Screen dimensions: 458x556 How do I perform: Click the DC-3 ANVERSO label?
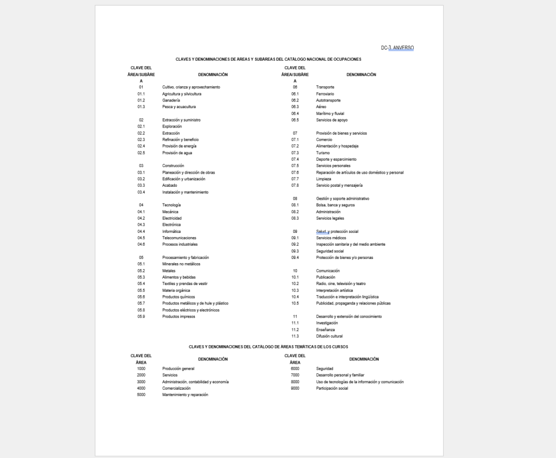click(x=397, y=48)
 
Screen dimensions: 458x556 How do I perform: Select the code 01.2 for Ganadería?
click(x=141, y=100)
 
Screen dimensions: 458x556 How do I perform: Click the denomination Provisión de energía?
click(x=179, y=146)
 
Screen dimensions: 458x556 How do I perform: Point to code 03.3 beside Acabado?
click(x=141, y=186)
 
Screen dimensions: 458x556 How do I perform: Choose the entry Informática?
click(x=172, y=231)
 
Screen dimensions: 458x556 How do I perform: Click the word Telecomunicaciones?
click(x=179, y=238)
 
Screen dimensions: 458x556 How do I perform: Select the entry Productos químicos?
click(x=179, y=297)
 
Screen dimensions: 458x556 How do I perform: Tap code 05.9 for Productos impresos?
click(x=141, y=316)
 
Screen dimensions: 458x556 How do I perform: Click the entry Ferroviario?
click(x=325, y=94)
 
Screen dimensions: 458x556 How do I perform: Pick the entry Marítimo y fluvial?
click(x=330, y=113)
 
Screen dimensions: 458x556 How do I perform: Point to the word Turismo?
click(x=323, y=152)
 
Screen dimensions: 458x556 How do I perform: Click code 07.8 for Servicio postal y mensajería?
click(x=295, y=186)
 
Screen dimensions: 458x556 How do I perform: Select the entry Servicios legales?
click(x=330, y=218)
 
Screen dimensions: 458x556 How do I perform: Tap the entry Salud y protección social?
click(x=337, y=231)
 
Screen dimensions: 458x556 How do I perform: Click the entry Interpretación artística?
click(x=334, y=290)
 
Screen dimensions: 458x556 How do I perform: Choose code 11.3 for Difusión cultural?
click(x=295, y=336)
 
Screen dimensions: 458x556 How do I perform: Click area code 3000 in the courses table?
click(x=141, y=381)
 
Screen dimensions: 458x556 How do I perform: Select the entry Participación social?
click(x=332, y=388)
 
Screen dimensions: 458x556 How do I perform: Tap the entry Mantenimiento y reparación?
click(x=185, y=395)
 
